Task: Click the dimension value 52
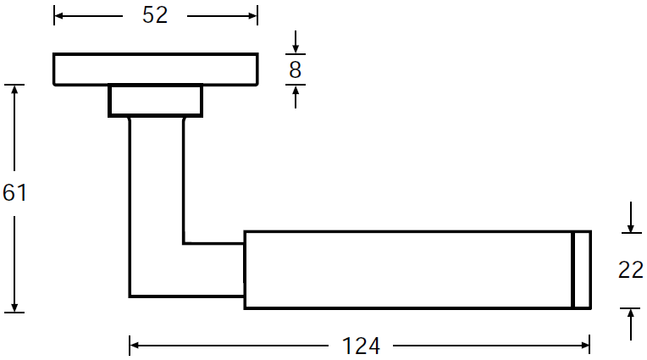click(x=155, y=15)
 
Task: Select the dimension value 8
click(x=295, y=69)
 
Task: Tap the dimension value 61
click(x=14, y=193)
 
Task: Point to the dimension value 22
click(x=631, y=270)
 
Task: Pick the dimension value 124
click(x=361, y=346)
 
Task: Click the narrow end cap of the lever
click(x=583, y=270)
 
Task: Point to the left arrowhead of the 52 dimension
click(x=58, y=16)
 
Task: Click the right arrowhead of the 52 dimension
click(x=252, y=16)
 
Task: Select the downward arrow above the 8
click(x=296, y=42)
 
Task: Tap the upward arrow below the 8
click(x=296, y=97)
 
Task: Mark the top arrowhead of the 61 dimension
click(x=14, y=90)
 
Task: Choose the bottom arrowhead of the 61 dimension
click(x=14, y=307)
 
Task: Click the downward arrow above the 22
click(x=631, y=217)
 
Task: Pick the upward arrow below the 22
click(x=631, y=324)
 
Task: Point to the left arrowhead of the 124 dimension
click(x=134, y=345)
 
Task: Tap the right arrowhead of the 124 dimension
click(x=584, y=345)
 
